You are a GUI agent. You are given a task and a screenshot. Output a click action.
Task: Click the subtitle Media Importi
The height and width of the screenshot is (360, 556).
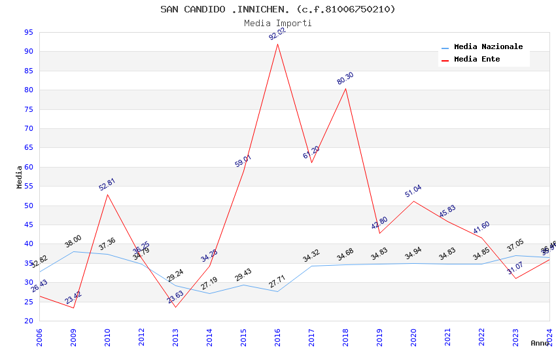coord(277,23)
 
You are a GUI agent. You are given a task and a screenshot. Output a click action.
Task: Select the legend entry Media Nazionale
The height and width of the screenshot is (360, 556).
coord(488,47)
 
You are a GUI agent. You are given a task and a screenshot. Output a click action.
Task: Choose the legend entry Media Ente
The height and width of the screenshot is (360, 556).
coord(477,60)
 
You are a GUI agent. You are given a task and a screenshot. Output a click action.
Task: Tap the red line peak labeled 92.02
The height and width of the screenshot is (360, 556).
coord(277,44)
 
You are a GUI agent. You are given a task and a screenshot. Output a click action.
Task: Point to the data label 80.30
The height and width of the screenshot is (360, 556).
coord(345,79)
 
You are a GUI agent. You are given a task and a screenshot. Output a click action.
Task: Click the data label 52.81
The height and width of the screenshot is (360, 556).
coord(107,185)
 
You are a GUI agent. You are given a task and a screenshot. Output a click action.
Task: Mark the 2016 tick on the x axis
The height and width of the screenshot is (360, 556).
coord(277,337)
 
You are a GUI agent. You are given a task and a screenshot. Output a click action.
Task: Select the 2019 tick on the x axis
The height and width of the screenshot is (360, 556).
coord(379,337)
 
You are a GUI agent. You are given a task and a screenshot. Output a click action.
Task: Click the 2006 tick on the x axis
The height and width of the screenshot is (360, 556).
coord(39,337)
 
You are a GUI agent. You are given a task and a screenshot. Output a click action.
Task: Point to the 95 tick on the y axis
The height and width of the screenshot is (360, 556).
coord(28,32)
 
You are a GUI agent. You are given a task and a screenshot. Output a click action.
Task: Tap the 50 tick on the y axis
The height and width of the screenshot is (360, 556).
coord(28,206)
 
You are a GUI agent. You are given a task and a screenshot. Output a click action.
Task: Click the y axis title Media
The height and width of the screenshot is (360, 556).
coord(20,177)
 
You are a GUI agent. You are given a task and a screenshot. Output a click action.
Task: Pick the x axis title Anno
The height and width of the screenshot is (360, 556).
coord(540,343)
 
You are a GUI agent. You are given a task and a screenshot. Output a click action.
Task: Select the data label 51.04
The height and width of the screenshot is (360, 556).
coord(413,191)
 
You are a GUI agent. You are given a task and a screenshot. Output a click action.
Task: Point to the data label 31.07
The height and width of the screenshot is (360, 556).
coord(515,267)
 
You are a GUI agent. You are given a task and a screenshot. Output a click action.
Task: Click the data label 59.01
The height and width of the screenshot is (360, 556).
coord(243,161)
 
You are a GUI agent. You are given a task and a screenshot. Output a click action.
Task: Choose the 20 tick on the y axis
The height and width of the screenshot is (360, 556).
coord(28,321)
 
